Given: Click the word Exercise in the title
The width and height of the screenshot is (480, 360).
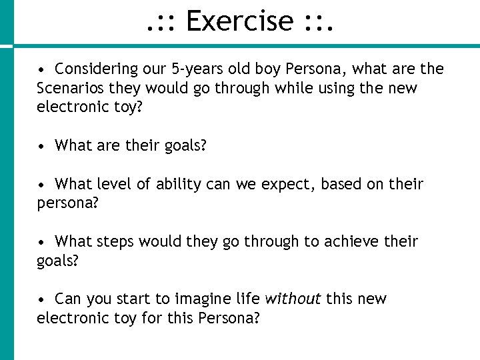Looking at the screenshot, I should [239, 21].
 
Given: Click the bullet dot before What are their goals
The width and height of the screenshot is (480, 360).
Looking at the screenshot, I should [41, 146].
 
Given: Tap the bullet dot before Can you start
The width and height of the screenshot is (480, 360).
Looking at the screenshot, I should [41, 299].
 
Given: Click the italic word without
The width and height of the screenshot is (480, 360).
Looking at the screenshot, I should [293, 299].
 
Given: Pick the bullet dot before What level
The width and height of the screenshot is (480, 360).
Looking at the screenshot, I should [41, 185].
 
